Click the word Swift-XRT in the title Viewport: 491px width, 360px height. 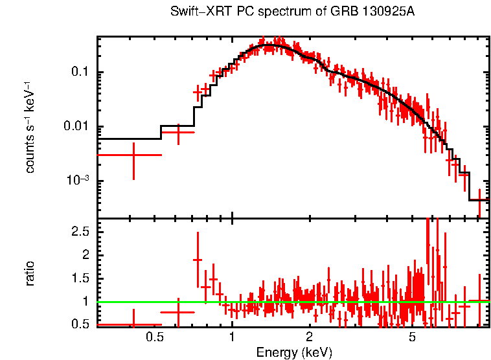(194, 12)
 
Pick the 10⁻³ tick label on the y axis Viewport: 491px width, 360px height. (80, 181)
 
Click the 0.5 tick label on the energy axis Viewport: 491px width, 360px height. (154, 337)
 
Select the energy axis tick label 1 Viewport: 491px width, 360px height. (232, 337)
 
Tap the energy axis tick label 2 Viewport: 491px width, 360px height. (310, 337)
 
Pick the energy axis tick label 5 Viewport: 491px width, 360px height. (412, 337)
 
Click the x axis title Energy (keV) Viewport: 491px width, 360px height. (294, 352)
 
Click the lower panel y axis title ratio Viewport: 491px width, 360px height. (30, 274)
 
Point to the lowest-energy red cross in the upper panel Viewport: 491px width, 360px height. (133, 155)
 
